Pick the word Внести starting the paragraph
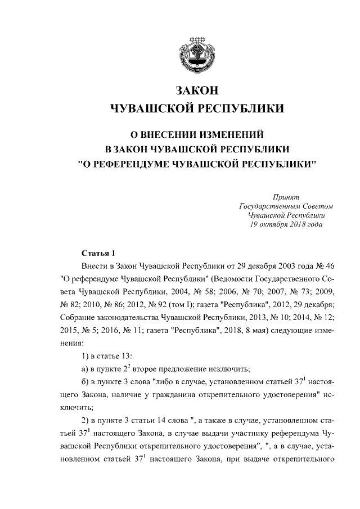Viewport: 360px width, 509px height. [x=94, y=265]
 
